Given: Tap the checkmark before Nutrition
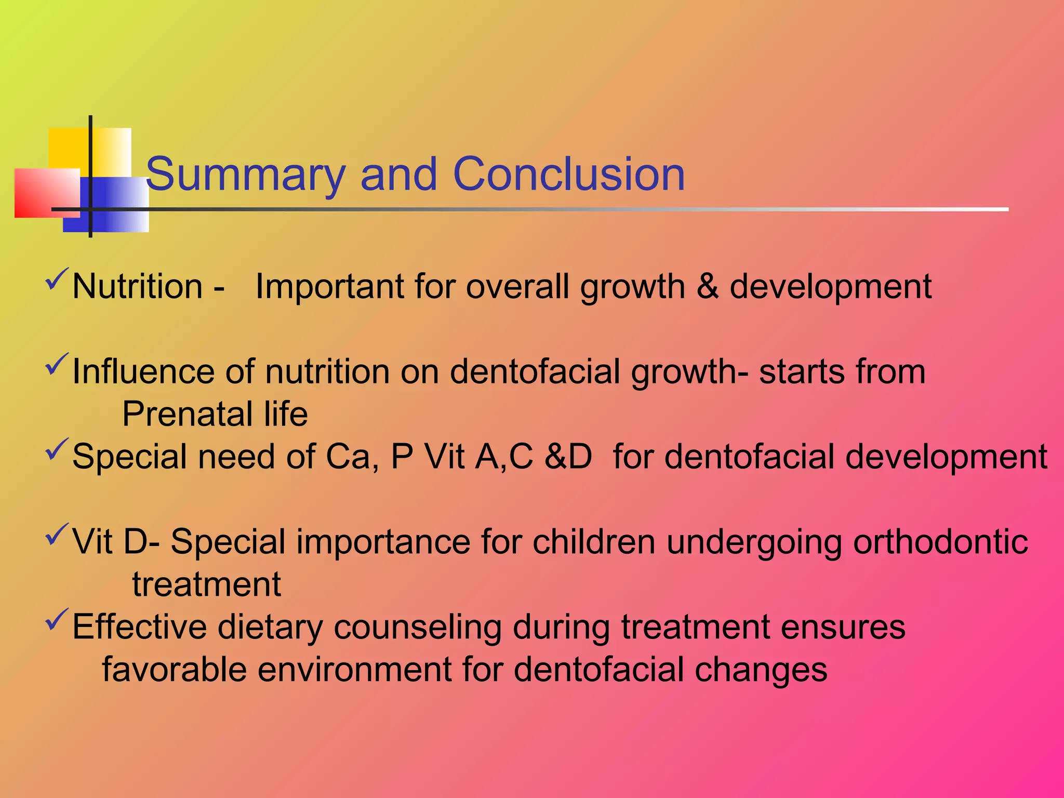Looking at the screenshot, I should pos(57,279).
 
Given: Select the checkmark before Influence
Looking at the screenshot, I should pos(57,364).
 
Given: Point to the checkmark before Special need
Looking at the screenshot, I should pos(57,449).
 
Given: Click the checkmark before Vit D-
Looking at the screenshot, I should pos(57,535).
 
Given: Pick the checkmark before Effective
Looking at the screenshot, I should pos(57,620).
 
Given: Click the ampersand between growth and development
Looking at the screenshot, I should pos(708,286).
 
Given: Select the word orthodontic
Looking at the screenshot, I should pos(940,542).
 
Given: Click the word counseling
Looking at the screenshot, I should pos(417,627).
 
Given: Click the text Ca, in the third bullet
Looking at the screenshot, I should pos(352,457).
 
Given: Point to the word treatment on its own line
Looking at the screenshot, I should pos(206,584).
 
